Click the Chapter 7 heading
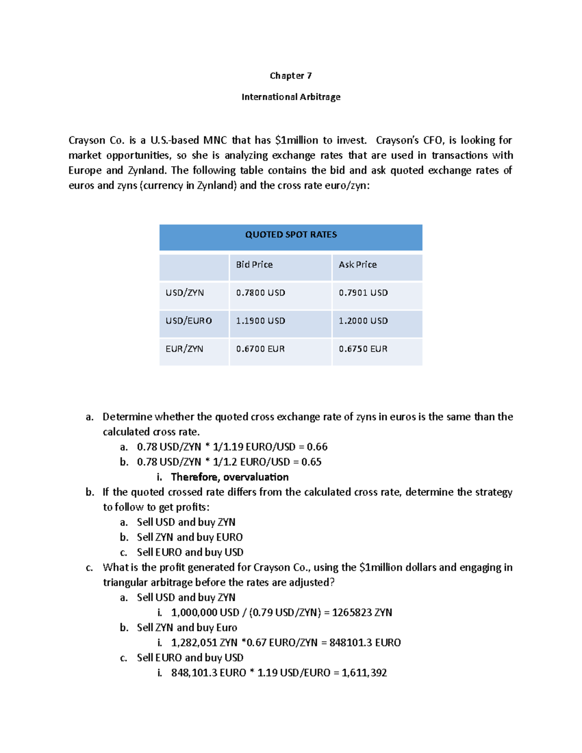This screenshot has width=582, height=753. (291, 76)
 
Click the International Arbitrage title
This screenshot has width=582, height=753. (291, 97)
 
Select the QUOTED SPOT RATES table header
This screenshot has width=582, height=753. (291, 235)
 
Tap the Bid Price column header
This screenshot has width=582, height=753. (254, 265)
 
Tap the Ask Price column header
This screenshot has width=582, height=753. (357, 265)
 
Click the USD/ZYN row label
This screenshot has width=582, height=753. (184, 293)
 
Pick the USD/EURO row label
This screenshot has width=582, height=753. (188, 321)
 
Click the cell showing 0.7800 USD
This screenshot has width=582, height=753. (260, 293)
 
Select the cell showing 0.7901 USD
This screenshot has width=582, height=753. (363, 293)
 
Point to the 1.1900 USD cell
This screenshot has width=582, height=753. (260, 321)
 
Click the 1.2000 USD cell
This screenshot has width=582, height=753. (363, 321)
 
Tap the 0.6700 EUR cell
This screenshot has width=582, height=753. (260, 349)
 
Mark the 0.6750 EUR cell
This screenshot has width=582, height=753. (363, 349)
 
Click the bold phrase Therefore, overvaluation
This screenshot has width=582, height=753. (229, 477)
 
